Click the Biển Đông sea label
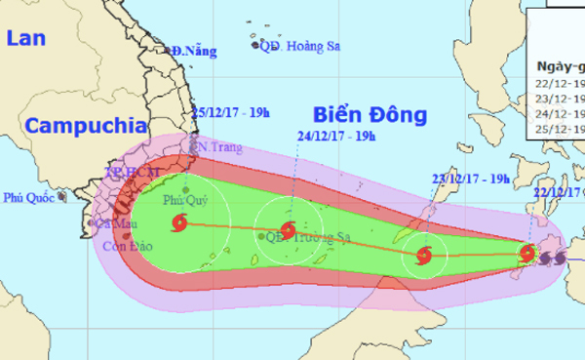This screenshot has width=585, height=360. point(370,115)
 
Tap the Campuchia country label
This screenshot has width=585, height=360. point(80,126)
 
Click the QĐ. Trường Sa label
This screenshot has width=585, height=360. point(300,236)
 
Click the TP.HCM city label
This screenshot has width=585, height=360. point(124,173)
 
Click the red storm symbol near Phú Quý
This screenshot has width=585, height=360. point(178,225)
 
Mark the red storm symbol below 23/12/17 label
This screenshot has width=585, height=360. point(423,257)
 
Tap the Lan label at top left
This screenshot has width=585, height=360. point(24,39)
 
